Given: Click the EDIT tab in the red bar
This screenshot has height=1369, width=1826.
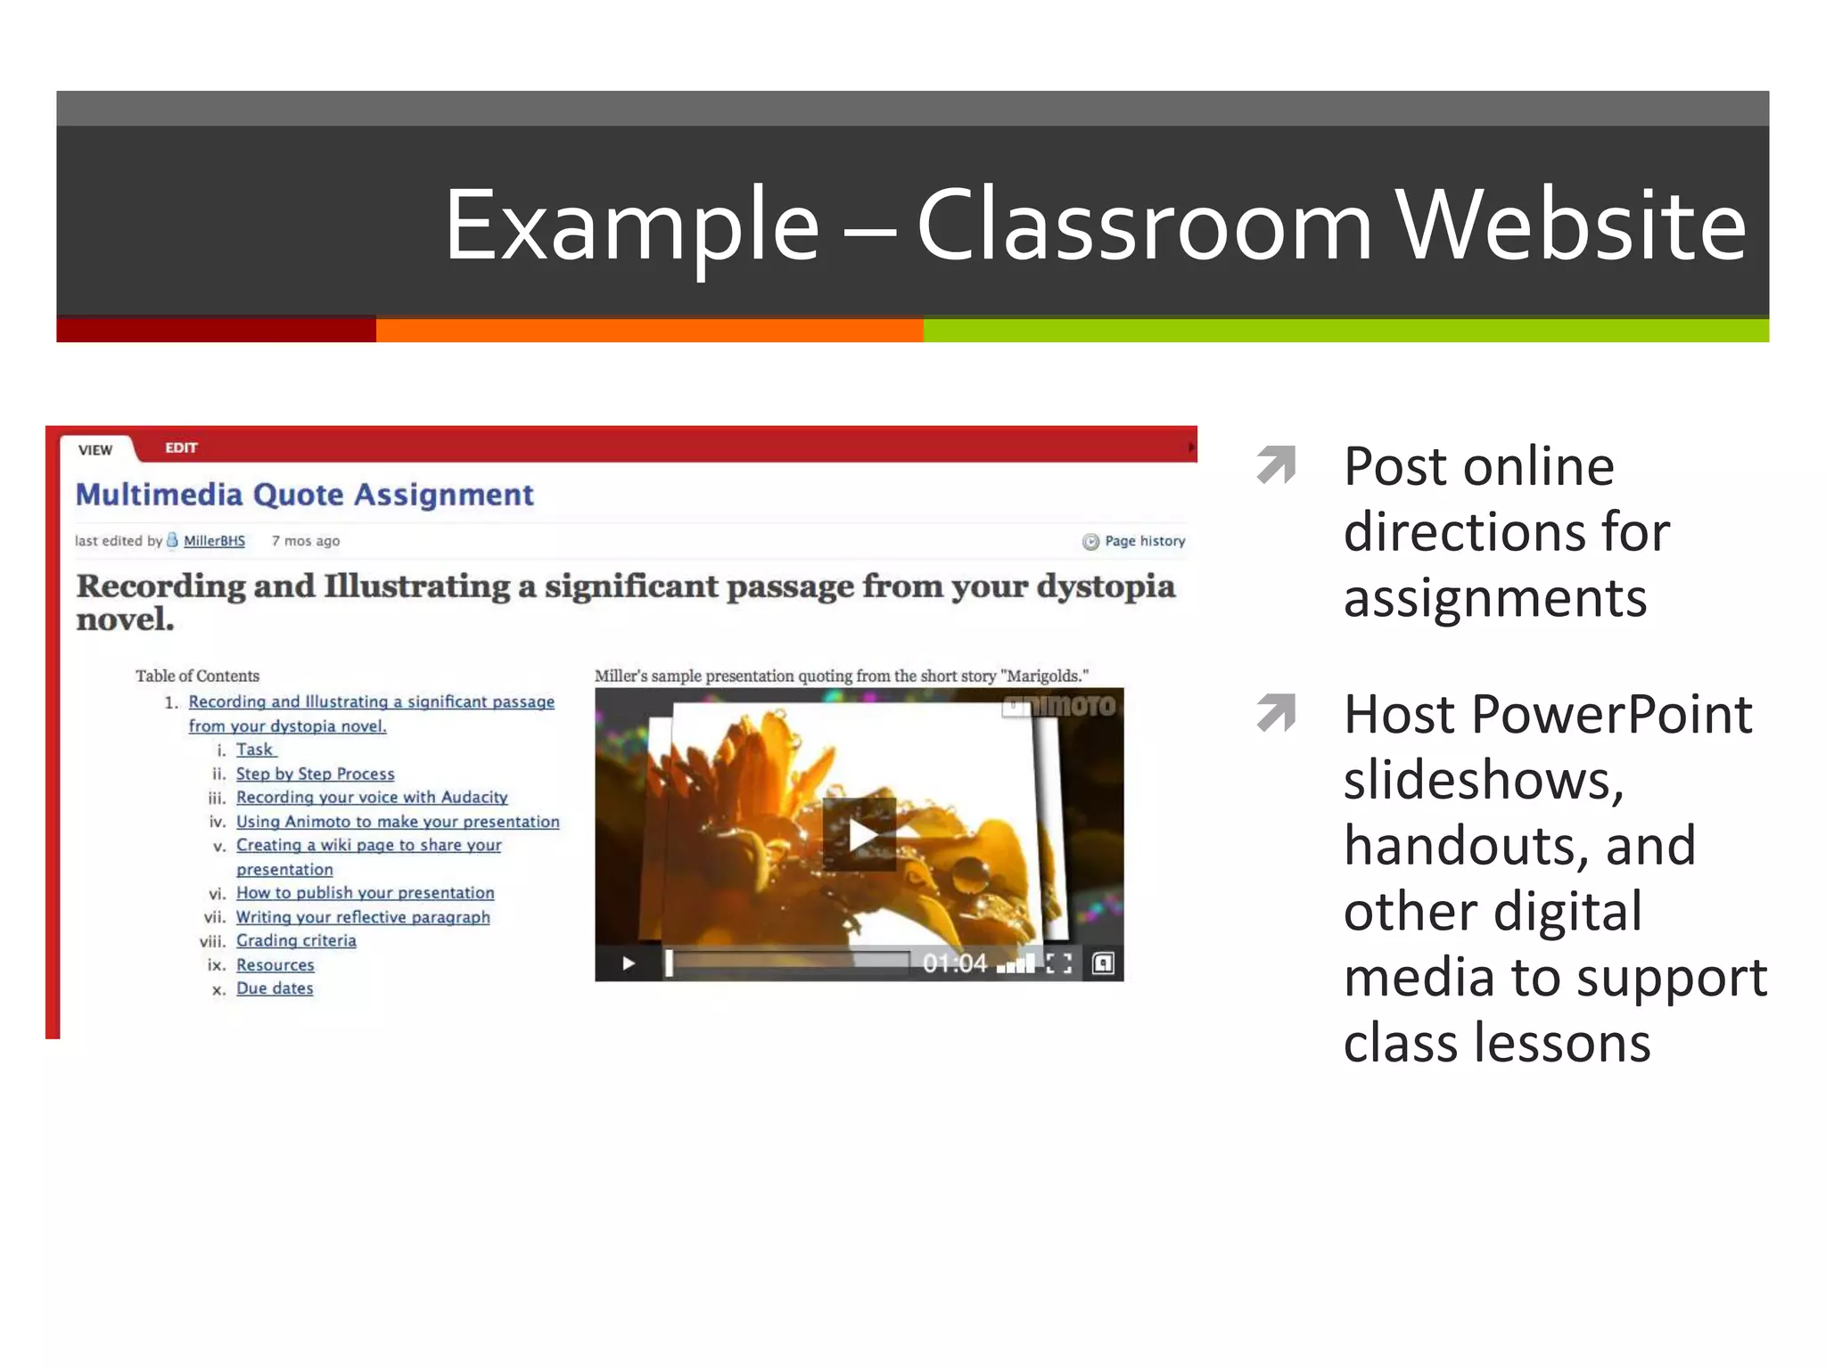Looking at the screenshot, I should (181, 447).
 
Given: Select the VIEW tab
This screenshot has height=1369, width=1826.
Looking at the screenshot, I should (95, 450).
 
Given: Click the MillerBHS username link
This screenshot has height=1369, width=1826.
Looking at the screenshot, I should (214, 541).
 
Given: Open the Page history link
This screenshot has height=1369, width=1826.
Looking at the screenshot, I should (1144, 541).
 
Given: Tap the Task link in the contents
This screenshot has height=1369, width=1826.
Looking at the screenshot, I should (255, 750).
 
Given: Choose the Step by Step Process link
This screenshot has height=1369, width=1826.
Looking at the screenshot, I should (315, 774).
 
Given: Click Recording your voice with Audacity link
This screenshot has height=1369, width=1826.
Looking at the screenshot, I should (372, 798).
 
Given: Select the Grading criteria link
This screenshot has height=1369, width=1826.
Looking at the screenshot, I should (296, 941).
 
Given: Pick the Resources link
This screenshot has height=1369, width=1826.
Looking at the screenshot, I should (275, 965).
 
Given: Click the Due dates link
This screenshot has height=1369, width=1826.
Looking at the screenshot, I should (275, 988).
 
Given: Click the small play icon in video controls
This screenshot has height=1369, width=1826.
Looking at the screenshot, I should (629, 963).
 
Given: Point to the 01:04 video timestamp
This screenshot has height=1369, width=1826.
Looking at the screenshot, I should (954, 963).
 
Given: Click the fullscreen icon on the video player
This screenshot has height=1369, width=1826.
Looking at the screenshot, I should (1058, 963).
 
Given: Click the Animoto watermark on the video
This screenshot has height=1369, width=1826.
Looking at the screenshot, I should (1061, 707).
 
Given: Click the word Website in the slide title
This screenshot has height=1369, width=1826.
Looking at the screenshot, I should (1570, 226).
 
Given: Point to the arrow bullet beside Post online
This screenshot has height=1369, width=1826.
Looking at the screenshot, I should (1276, 464).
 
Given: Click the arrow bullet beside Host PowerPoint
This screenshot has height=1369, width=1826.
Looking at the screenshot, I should (1276, 713).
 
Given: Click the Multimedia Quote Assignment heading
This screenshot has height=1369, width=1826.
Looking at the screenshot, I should (304, 495).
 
